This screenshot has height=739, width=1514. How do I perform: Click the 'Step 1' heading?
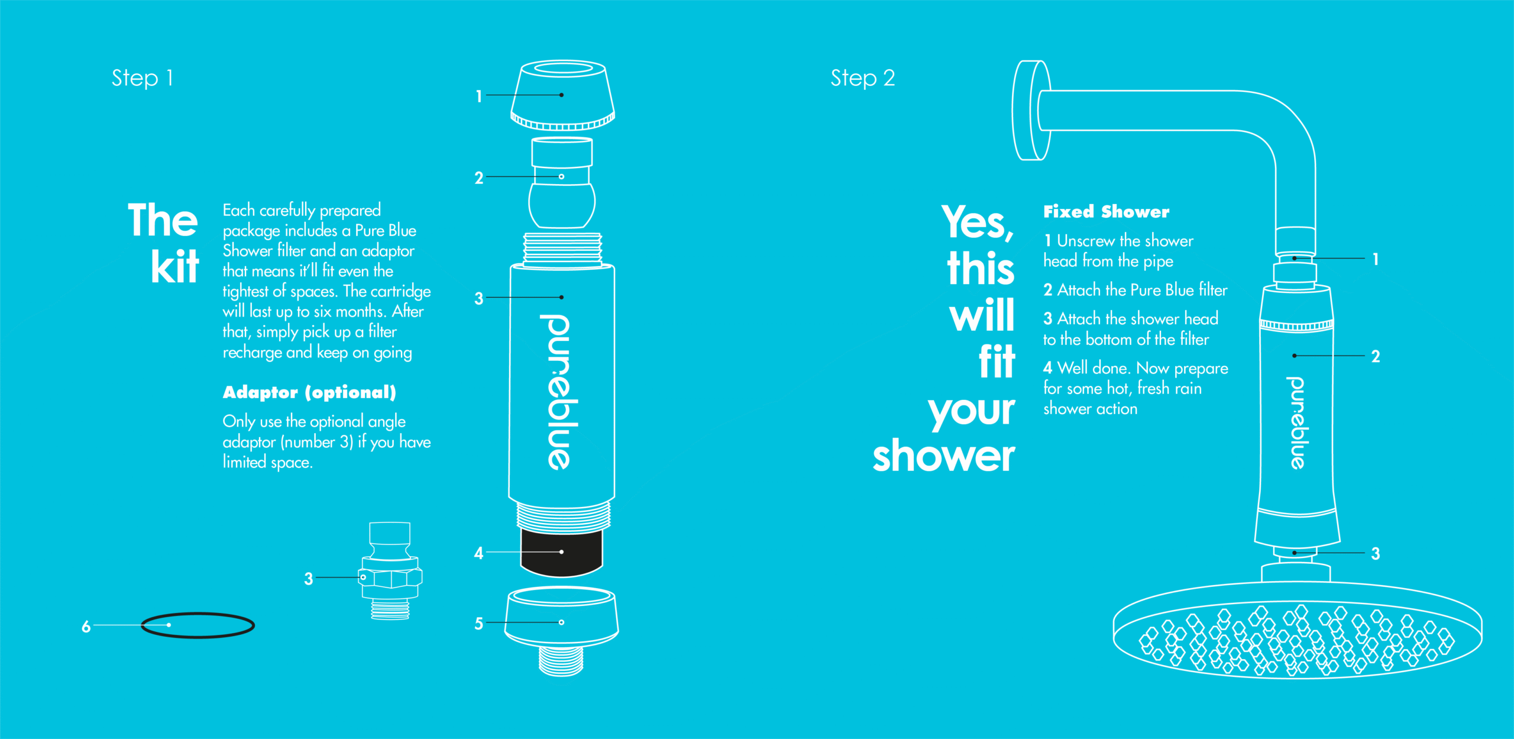point(143,78)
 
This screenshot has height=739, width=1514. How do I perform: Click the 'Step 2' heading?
point(863,78)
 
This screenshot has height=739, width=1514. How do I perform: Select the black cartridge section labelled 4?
point(562,553)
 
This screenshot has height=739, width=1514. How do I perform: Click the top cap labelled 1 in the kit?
point(562,95)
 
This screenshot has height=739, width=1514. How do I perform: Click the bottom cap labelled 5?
point(562,630)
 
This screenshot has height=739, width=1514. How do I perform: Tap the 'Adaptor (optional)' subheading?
point(309,392)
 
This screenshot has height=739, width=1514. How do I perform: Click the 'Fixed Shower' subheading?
point(1106,211)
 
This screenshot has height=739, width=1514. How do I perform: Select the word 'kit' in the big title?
point(175,266)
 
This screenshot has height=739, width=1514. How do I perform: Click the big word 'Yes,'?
point(978,222)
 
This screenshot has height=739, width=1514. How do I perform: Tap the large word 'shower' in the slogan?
point(944,456)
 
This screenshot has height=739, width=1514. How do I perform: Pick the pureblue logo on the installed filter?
point(1296,422)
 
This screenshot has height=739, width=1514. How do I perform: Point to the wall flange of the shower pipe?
point(1031,110)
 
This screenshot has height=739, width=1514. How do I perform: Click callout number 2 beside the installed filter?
point(1376,356)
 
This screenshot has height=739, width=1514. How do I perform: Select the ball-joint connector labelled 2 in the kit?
point(562,183)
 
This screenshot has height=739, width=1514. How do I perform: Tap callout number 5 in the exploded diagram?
point(478,624)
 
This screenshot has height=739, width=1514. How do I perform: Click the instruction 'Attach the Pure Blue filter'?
point(1142,290)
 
